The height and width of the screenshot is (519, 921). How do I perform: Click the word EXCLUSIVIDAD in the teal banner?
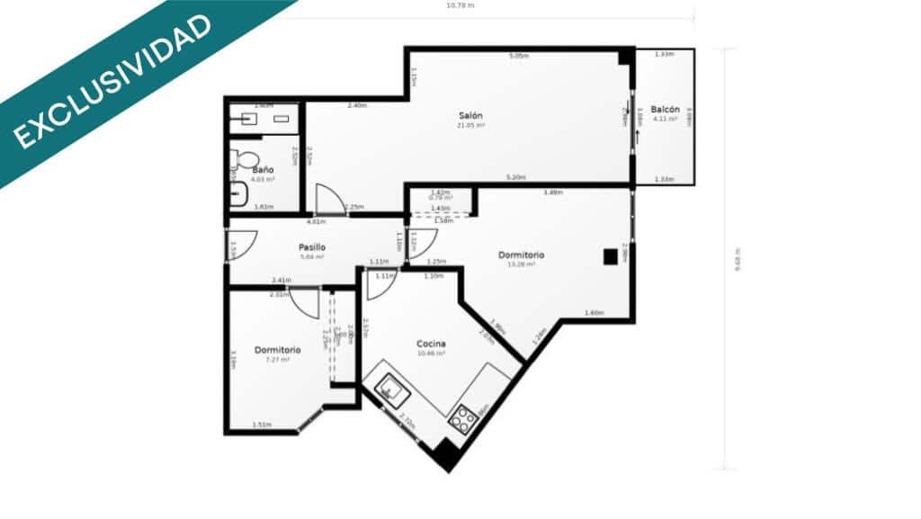(113, 80)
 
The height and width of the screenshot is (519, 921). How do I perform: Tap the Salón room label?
(471, 116)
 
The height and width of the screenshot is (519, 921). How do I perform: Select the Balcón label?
(665, 109)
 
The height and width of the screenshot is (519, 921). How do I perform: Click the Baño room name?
(263, 169)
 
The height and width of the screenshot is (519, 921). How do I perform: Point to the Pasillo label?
(311, 246)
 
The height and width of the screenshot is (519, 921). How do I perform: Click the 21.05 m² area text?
(471, 126)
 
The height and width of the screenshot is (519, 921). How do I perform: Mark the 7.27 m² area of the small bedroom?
(277, 359)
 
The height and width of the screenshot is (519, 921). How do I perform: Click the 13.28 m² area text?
(522, 264)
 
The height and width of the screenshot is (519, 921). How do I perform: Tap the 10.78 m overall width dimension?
(460, 5)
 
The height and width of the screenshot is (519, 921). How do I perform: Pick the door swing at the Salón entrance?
(329, 200)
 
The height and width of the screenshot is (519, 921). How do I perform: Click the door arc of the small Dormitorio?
(304, 302)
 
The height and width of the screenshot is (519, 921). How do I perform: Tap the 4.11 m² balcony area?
(665, 118)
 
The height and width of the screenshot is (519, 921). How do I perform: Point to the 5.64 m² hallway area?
(311, 256)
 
